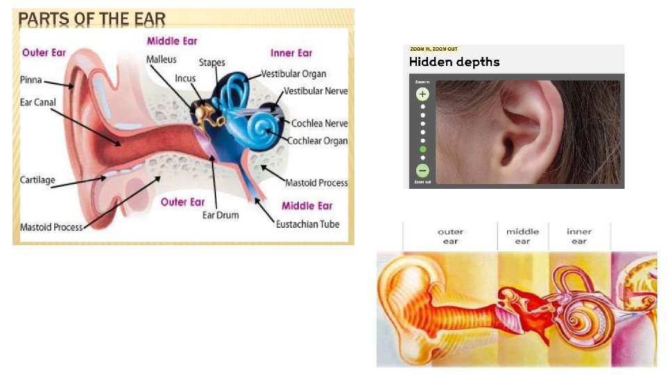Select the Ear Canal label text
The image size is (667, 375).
(x=38, y=102)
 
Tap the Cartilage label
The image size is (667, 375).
(x=38, y=180)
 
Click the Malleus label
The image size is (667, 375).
(x=161, y=60)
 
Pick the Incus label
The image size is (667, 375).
(x=185, y=78)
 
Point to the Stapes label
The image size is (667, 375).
(x=212, y=62)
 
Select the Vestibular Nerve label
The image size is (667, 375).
(x=315, y=91)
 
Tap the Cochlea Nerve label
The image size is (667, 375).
(x=320, y=124)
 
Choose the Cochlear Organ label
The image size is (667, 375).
(x=318, y=140)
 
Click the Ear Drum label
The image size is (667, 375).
(x=220, y=215)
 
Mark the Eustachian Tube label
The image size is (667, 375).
(x=307, y=224)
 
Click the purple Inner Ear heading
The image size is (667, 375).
(x=291, y=53)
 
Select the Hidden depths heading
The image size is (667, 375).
(x=454, y=62)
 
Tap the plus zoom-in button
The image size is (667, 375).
(x=422, y=94)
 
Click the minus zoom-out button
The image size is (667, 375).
(x=422, y=170)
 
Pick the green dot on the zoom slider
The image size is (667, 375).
(x=422, y=149)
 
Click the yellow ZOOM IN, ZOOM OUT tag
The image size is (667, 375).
(x=434, y=49)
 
